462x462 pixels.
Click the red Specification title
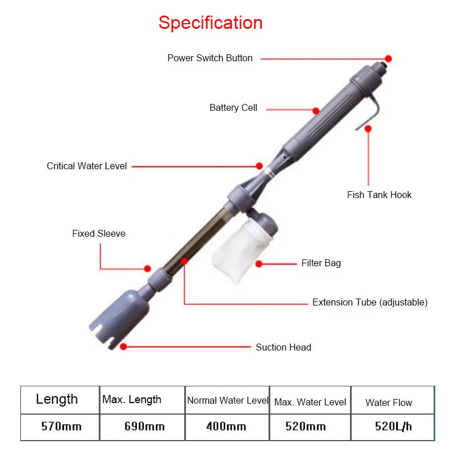[x=210, y=23]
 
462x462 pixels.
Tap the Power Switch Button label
[x=210, y=58]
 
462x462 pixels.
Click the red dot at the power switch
[x=389, y=58]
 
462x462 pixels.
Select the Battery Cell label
[x=233, y=108]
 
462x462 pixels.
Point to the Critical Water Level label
[x=87, y=166]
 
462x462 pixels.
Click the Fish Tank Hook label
[x=379, y=195]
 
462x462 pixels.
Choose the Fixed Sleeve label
[x=99, y=234]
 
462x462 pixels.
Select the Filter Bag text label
[x=321, y=263]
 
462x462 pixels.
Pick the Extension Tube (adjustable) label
[x=370, y=303]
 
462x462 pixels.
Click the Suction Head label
[x=283, y=348]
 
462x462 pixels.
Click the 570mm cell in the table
[x=61, y=427]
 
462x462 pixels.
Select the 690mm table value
[x=144, y=427]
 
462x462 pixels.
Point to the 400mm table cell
[x=226, y=427]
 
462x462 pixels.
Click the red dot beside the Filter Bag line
[x=259, y=264]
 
